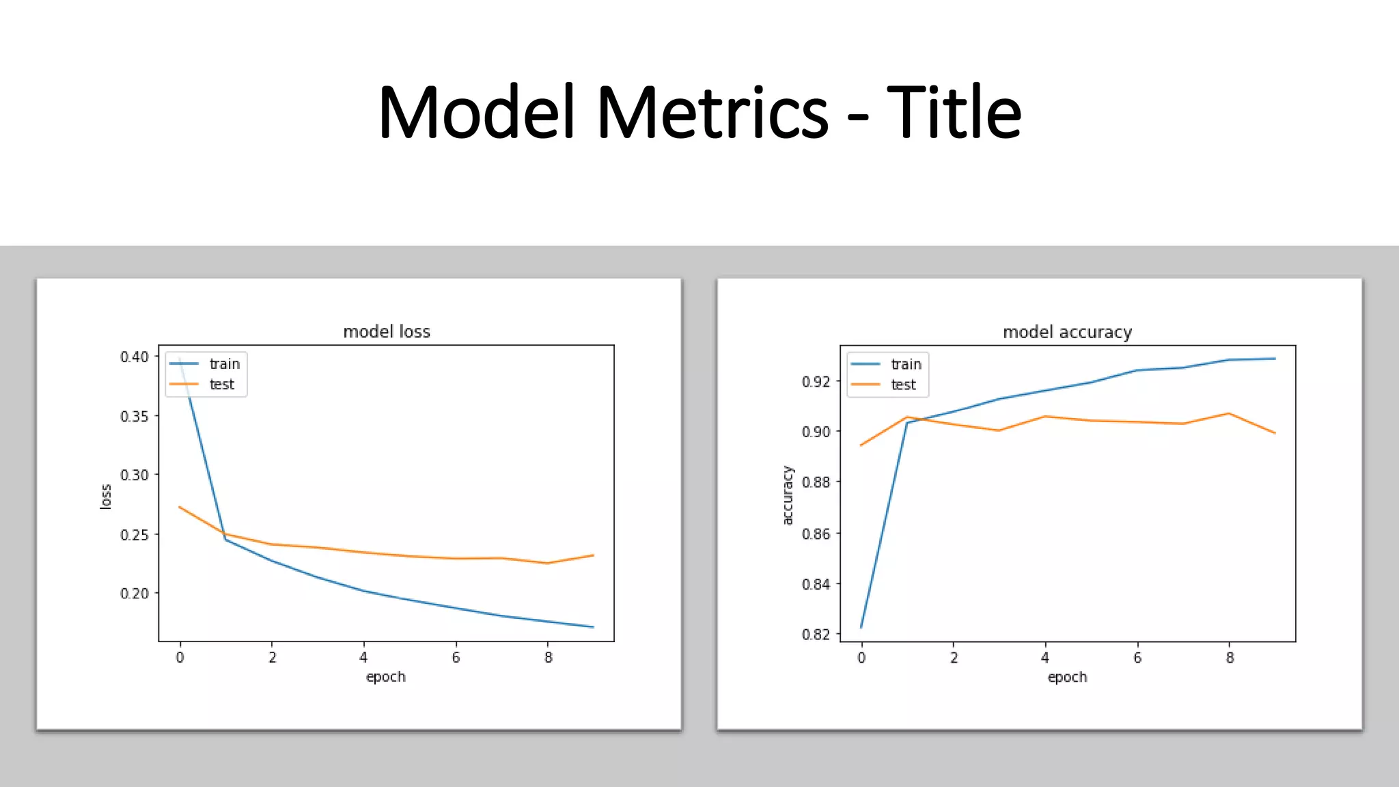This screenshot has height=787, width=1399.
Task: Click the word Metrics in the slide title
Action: (712, 113)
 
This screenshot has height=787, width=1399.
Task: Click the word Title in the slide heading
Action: (954, 113)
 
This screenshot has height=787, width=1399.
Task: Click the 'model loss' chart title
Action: (387, 332)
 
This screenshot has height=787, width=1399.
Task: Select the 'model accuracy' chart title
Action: (1067, 332)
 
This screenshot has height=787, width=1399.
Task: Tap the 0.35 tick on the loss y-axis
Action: (134, 416)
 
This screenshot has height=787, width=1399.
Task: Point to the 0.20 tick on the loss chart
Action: (134, 594)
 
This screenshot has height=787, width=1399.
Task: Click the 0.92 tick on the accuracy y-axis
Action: (816, 381)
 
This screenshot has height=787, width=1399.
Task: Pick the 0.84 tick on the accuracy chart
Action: (816, 584)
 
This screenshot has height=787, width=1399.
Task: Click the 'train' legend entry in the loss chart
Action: (224, 364)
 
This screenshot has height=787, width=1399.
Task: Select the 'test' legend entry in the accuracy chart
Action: (903, 385)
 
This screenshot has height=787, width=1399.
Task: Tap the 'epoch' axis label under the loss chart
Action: (385, 677)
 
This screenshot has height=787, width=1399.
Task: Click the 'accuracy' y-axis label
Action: (788, 495)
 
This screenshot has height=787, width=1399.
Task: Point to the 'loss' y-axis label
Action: (106, 497)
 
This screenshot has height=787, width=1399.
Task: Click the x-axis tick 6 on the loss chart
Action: (456, 657)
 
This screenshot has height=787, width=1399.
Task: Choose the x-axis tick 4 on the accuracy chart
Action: (1044, 657)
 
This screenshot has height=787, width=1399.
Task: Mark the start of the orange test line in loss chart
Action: (179, 507)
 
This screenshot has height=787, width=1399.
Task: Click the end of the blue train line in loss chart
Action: (593, 626)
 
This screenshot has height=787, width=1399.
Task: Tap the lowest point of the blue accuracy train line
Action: (861, 627)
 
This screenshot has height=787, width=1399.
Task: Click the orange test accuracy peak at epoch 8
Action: (1229, 413)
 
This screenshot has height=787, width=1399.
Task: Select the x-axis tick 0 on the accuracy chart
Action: (861, 657)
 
